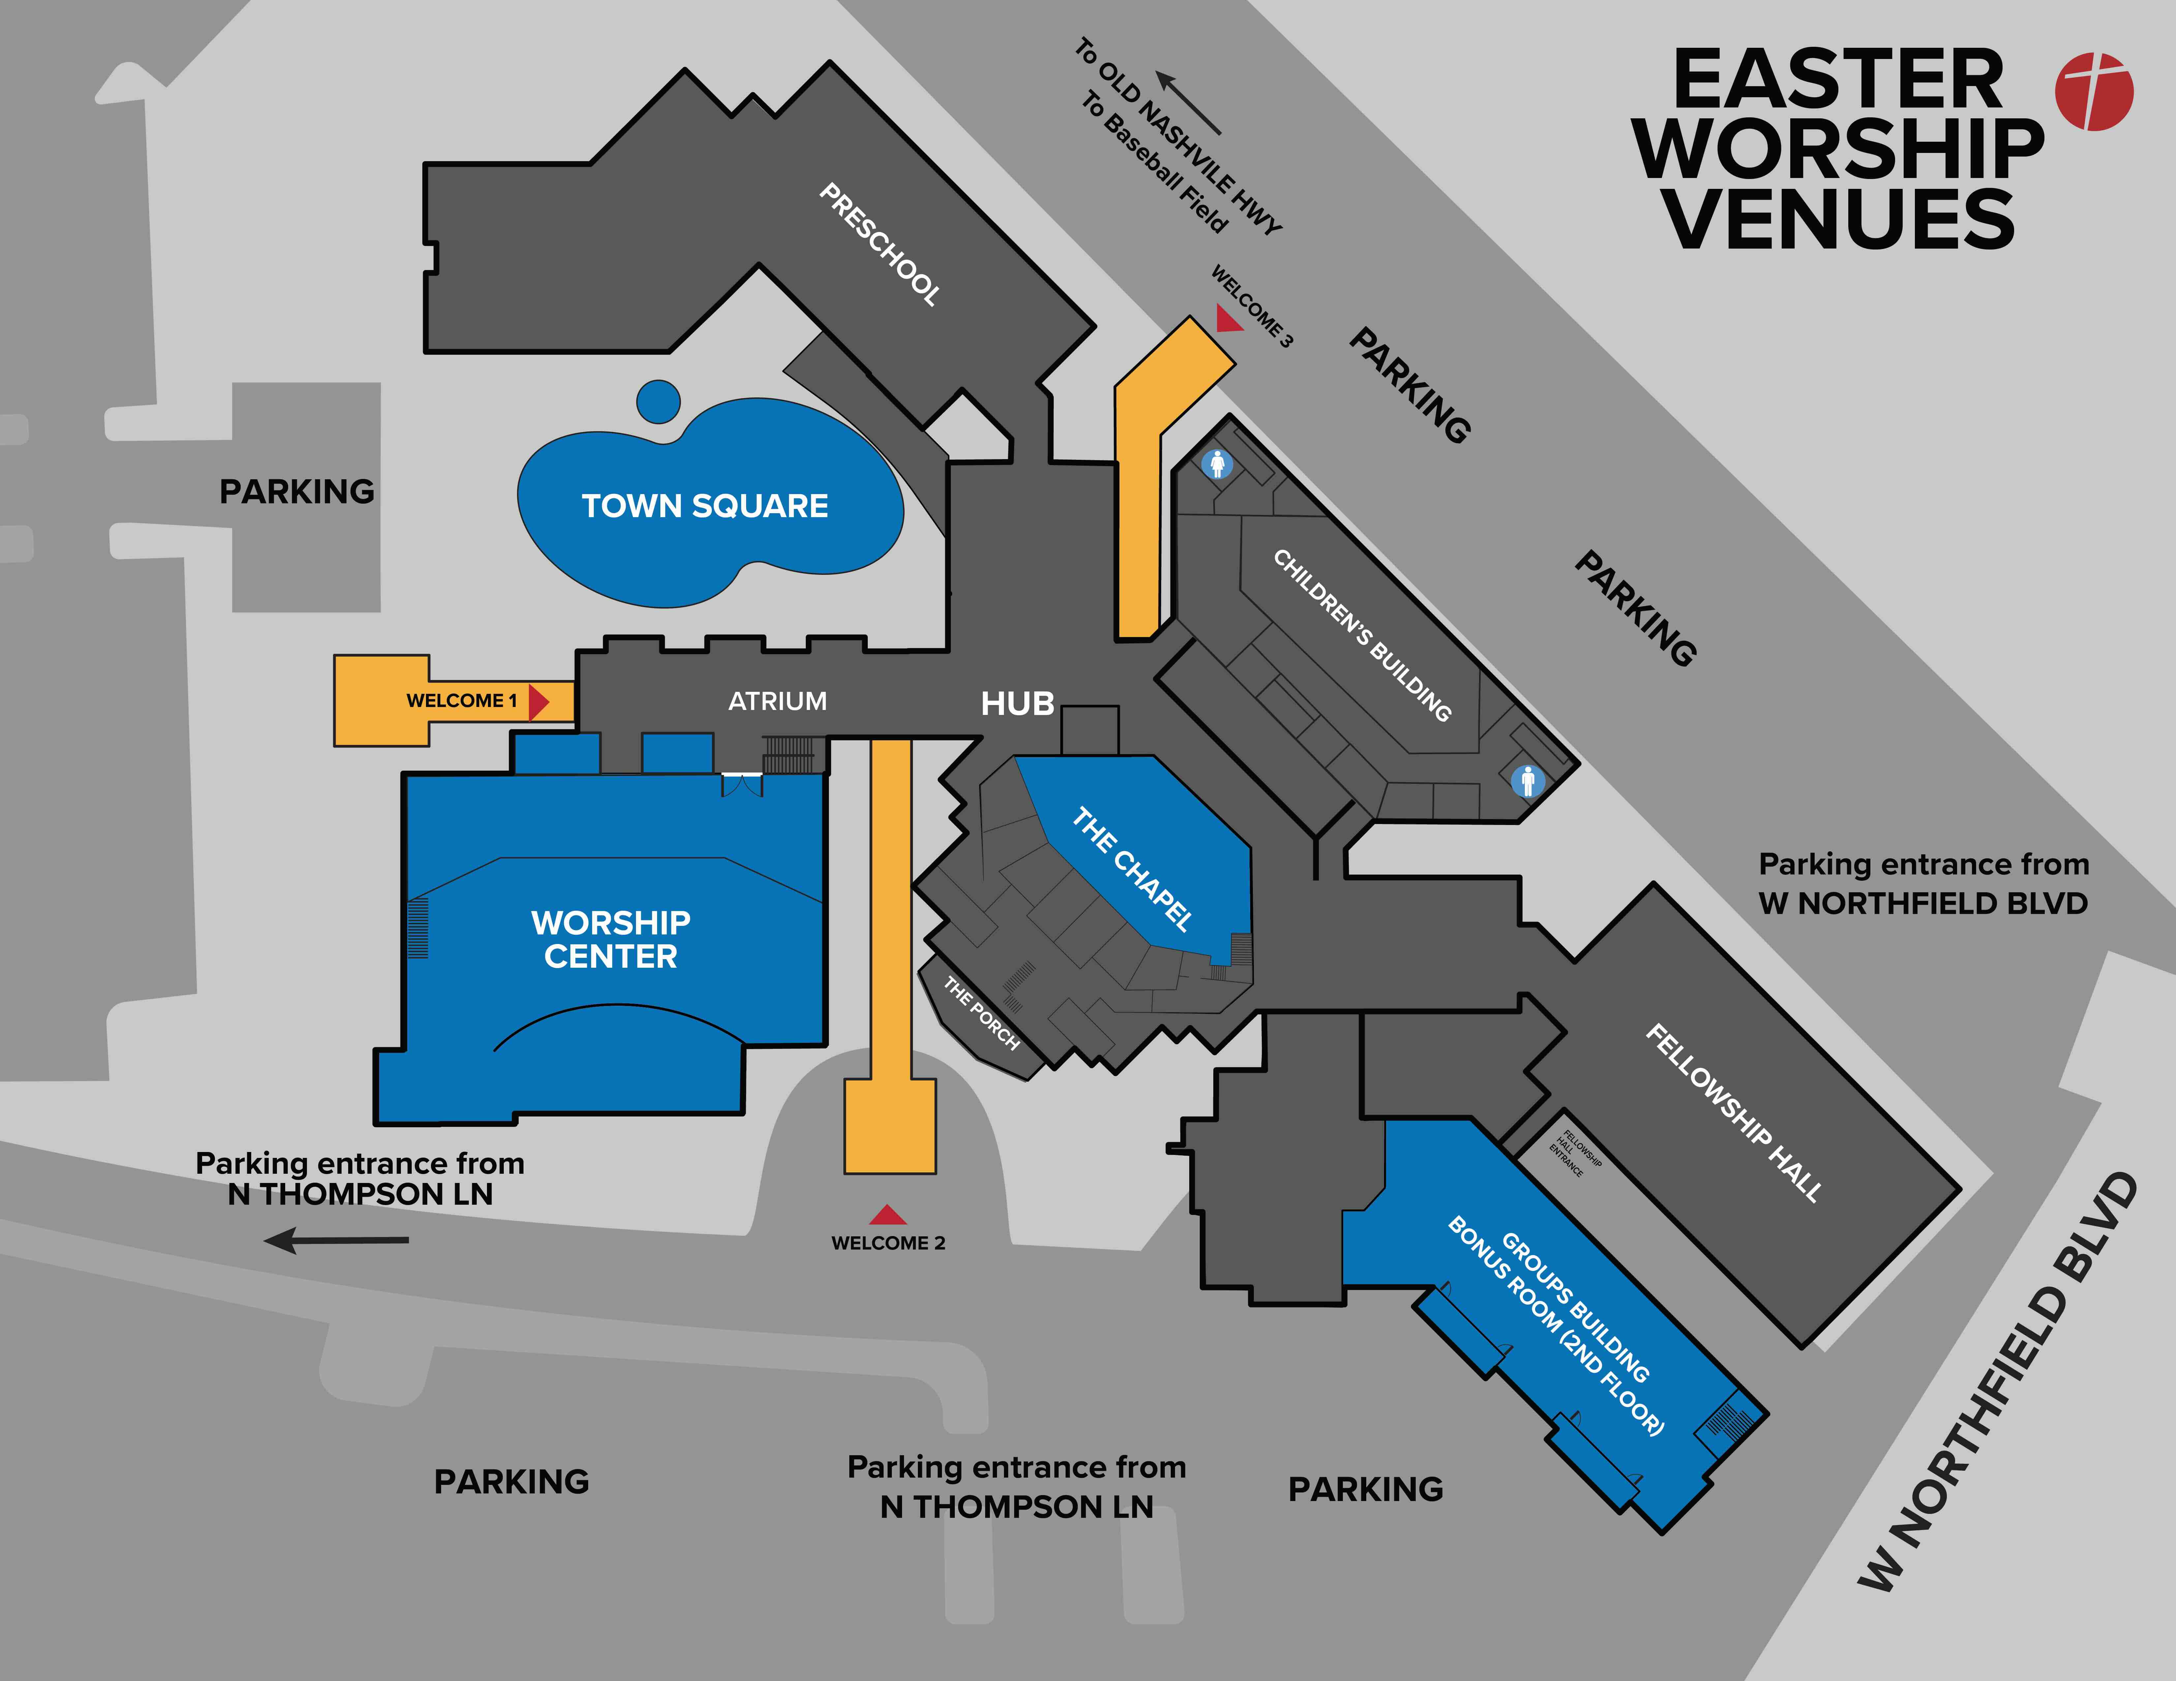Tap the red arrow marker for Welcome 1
(538, 701)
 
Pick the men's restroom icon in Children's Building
(1527, 781)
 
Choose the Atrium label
(777, 701)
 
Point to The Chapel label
(1132, 869)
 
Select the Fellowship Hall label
(1734, 1112)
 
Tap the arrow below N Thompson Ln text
(337, 1240)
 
